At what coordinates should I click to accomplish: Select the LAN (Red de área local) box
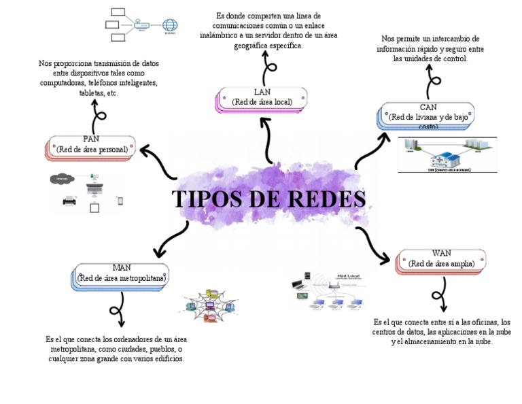coord(262,98)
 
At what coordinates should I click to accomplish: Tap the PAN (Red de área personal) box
coord(92,146)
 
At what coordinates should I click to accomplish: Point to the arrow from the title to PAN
coord(158,161)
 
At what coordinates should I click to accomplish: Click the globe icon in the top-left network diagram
coord(170,24)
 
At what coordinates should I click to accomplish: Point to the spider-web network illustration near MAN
coord(211,306)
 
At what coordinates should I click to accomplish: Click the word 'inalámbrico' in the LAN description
coord(222,35)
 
